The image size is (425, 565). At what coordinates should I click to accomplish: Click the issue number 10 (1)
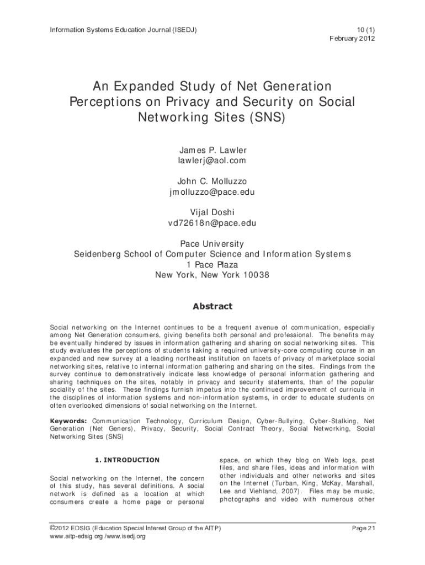(x=364, y=29)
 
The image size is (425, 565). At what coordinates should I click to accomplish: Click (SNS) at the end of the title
(x=264, y=118)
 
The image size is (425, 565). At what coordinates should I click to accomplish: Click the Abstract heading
(x=212, y=306)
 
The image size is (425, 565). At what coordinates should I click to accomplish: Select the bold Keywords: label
(x=68, y=420)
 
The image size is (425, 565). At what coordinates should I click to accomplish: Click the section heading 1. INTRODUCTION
(x=127, y=460)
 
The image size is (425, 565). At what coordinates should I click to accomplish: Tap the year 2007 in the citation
(x=290, y=491)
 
